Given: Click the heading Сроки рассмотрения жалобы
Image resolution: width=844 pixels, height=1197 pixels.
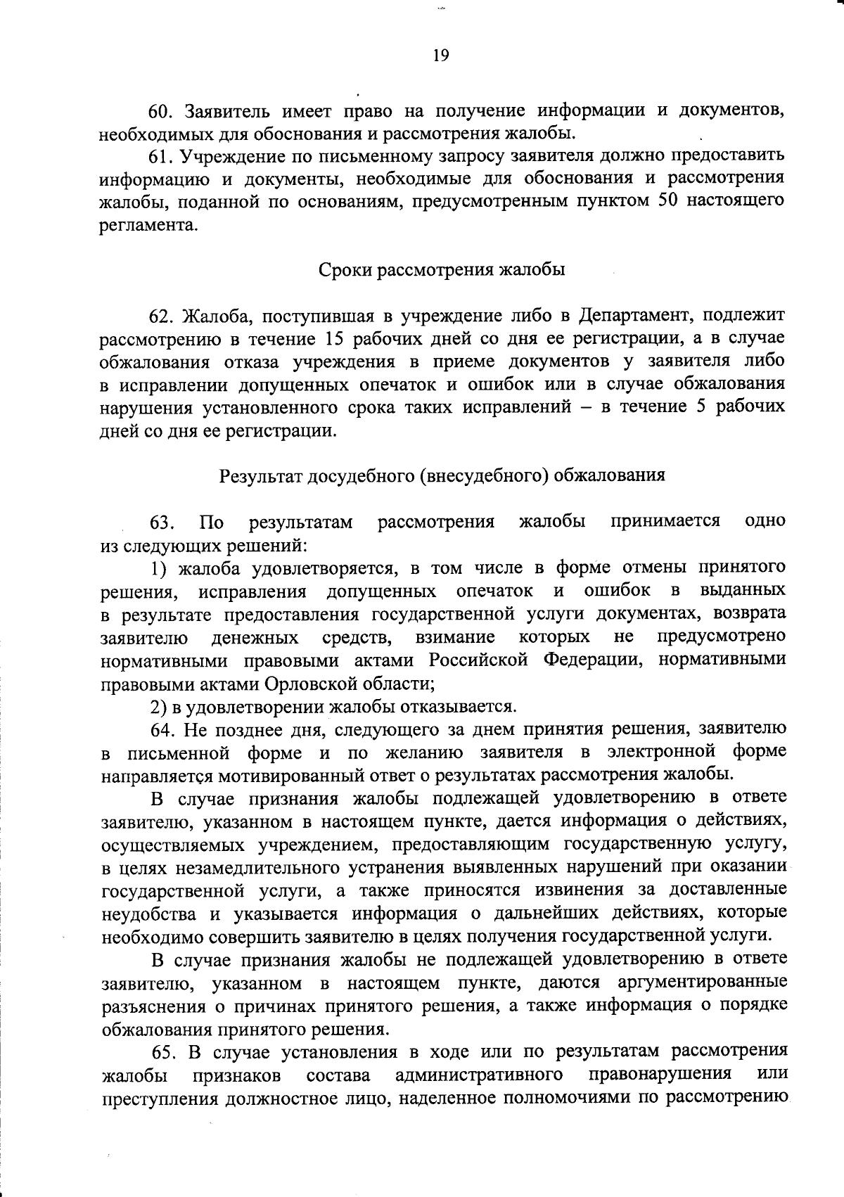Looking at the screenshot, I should point(442,270).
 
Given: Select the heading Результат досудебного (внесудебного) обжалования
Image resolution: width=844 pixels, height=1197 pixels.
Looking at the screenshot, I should point(442,475).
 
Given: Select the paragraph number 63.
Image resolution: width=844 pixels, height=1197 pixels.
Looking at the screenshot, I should point(161,522).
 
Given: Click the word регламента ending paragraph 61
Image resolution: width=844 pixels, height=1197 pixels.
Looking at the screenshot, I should point(145,226).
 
